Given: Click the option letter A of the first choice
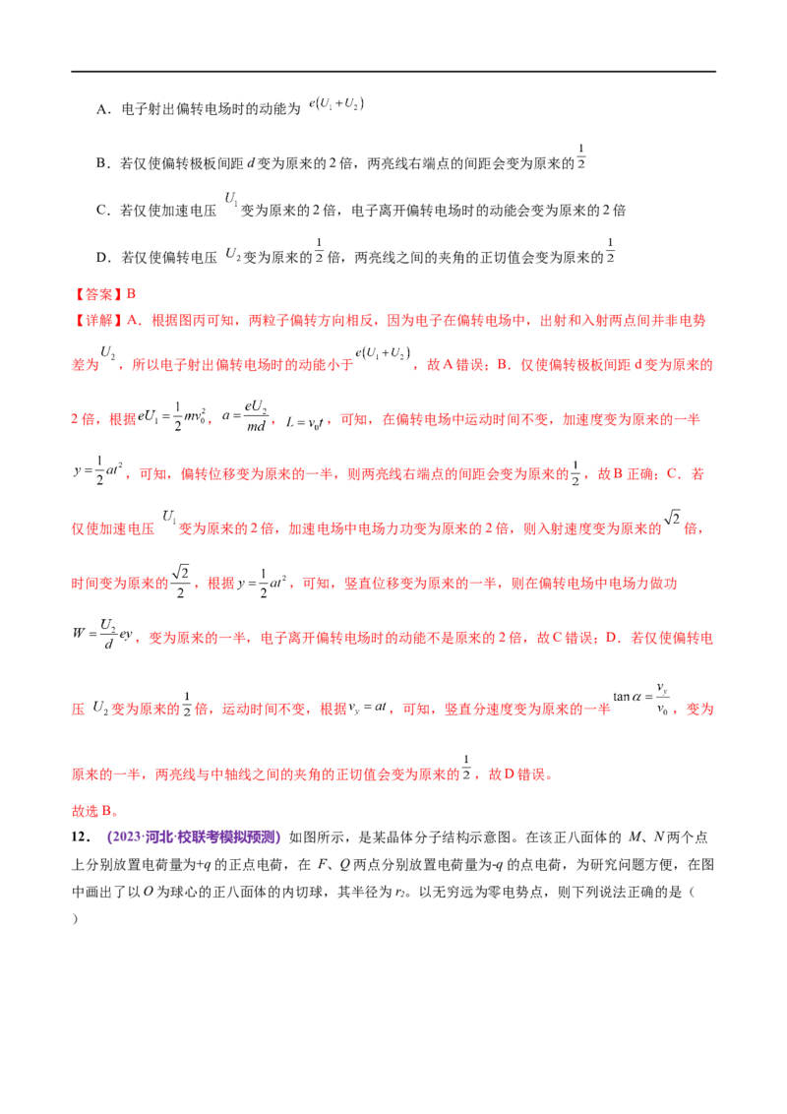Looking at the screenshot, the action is tap(102, 109).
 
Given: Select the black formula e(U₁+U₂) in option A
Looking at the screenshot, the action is tap(336, 104).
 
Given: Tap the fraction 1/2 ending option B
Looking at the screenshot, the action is tap(581, 156).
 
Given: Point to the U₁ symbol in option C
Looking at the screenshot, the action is tap(231, 199).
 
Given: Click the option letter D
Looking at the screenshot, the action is tap(103, 257).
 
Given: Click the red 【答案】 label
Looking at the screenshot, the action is tap(97, 293).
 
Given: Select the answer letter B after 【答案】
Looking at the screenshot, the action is tap(131, 293).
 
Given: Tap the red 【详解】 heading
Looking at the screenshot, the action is tap(97, 321).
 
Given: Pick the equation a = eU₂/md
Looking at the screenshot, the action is tap(244, 417).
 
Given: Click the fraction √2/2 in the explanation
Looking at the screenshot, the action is tap(181, 582).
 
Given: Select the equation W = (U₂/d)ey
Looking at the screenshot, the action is tap(102, 633).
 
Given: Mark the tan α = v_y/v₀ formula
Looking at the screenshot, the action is tap(641, 699).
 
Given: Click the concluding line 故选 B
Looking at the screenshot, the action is tap(94, 811).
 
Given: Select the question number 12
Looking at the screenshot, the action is tap(81, 836).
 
